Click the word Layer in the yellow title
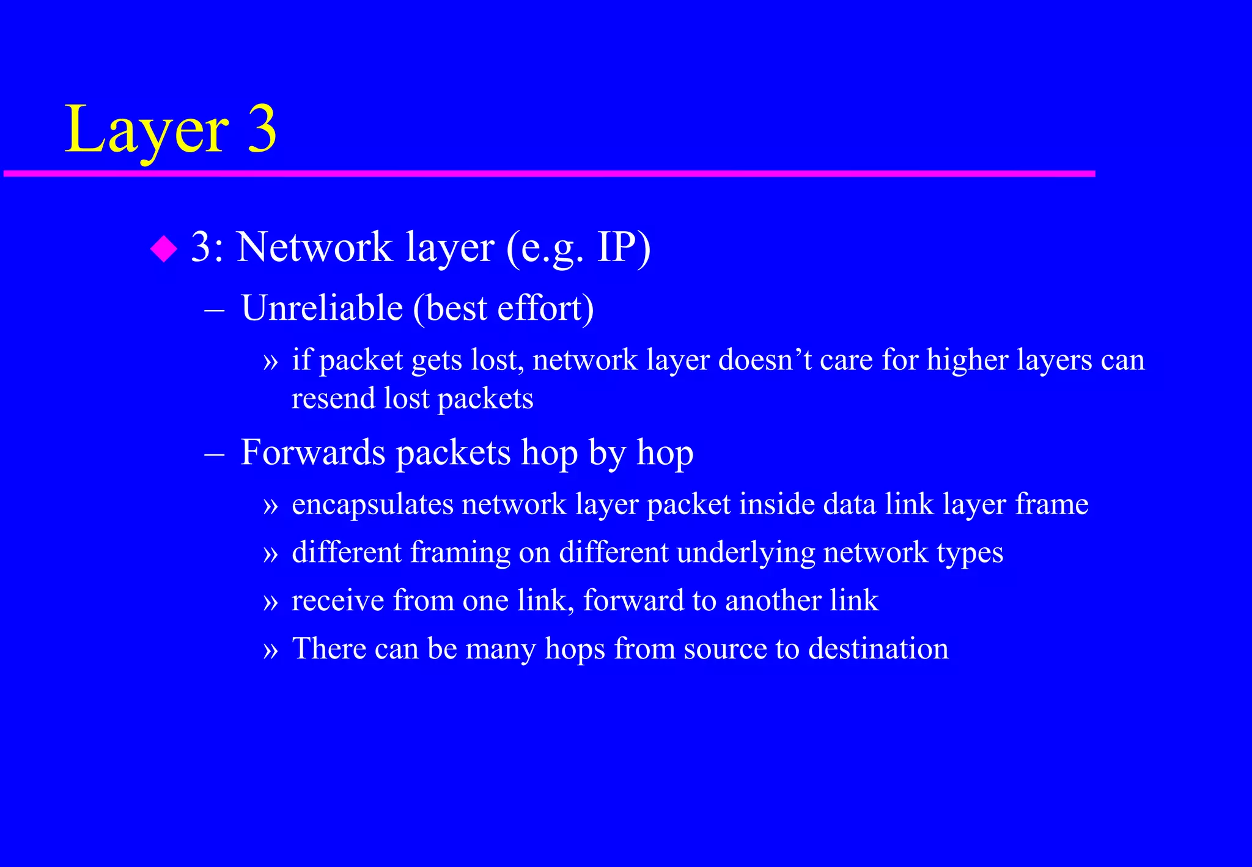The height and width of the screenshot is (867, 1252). pyautogui.click(x=147, y=130)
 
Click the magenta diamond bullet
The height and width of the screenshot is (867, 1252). pyautogui.click(x=163, y=249)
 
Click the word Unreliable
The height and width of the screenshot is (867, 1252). pyautogui.click(x=322, y=308)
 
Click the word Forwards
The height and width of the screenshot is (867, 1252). pyautogui.click(x=314, y=452)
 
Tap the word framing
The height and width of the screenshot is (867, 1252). pyautogui.click(x=460, y=553)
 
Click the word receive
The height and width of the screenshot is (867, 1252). pyautogui.click(x=338, y=600)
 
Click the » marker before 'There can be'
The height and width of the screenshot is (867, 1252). pyautogui.click(x=270, y=650)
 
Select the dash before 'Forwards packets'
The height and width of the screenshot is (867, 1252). pyautogui.click(x=215, y=454)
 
